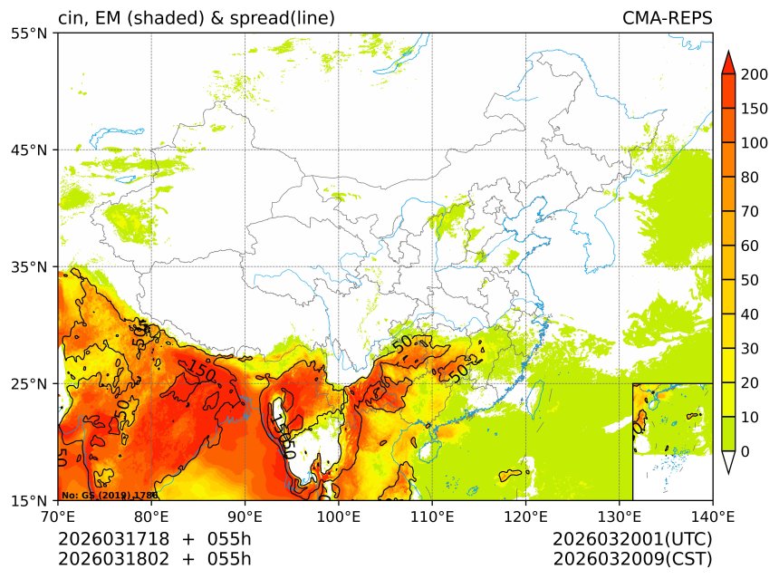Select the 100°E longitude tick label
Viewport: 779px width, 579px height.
click(339, 517)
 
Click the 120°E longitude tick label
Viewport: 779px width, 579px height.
click(525, 517)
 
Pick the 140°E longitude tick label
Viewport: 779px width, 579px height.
click(712, 517)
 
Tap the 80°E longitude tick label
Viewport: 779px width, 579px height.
click(151, 517)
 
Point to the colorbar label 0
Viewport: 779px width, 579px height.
click(745, 451)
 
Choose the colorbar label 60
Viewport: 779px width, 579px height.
click(749, 246)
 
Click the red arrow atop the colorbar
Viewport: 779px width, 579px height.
click(728, 61)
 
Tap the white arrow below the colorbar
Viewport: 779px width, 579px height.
click(728, 462)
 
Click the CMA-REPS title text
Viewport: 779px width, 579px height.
click(667, 18)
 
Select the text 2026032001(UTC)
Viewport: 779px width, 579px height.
click(632, 539)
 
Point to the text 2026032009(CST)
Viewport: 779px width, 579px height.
click(632, 558)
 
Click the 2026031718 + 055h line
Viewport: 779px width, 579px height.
click(154, 539)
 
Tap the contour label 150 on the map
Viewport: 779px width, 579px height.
click(201, 372)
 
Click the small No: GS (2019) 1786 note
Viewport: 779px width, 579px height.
click(110, 496)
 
